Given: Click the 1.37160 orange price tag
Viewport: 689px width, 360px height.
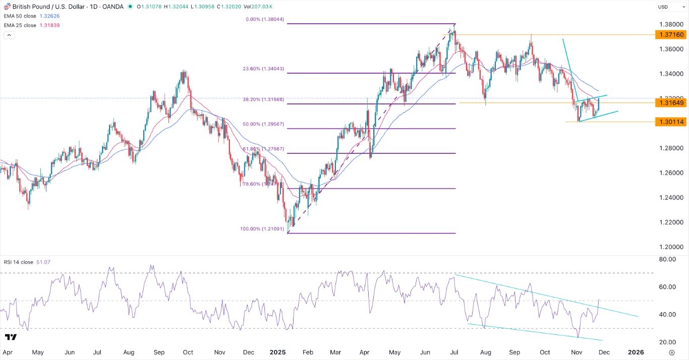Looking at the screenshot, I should point(669,35).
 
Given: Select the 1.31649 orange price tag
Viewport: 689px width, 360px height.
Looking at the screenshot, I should point(669,103).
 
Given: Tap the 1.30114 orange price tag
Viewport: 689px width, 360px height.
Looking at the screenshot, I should point(669,122).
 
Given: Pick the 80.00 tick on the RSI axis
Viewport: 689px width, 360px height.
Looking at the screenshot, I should point(665,260).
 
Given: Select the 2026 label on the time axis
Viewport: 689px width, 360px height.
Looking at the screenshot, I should point(636,352).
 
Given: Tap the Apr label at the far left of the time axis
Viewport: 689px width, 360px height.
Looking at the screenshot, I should point(7,352).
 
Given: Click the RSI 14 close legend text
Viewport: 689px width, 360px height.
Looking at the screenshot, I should point(20,262).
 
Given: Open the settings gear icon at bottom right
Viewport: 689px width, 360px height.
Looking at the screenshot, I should point(672,352).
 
